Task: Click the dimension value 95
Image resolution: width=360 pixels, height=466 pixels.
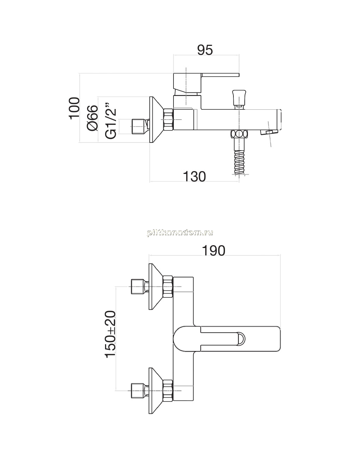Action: point(205,50)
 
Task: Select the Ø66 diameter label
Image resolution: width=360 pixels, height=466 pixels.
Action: point(92,118)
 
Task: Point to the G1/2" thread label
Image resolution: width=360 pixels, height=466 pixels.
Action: point(111,121)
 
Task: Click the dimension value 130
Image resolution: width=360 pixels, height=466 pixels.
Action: point(194,176)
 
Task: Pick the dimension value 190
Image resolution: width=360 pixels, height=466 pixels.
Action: point(214,250)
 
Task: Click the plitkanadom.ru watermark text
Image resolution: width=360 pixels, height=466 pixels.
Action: point(180,233)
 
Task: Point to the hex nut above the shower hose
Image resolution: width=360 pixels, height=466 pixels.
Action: point(239,134)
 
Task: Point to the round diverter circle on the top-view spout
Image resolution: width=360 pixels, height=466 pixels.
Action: point(240,339)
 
